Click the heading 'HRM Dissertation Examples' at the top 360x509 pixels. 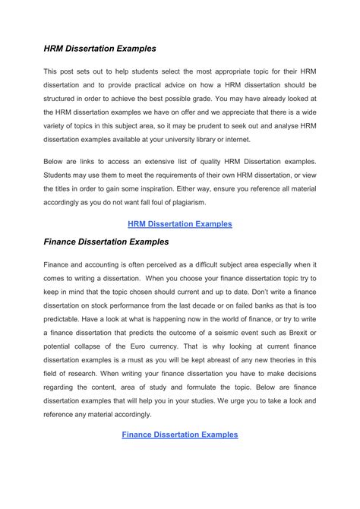pyautogui.click(x=99, y=48)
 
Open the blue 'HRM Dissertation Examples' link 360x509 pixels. pyautogui.click(x=179, y=224)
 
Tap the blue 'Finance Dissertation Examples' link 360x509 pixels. pyautogui.click(x=180, y=435)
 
